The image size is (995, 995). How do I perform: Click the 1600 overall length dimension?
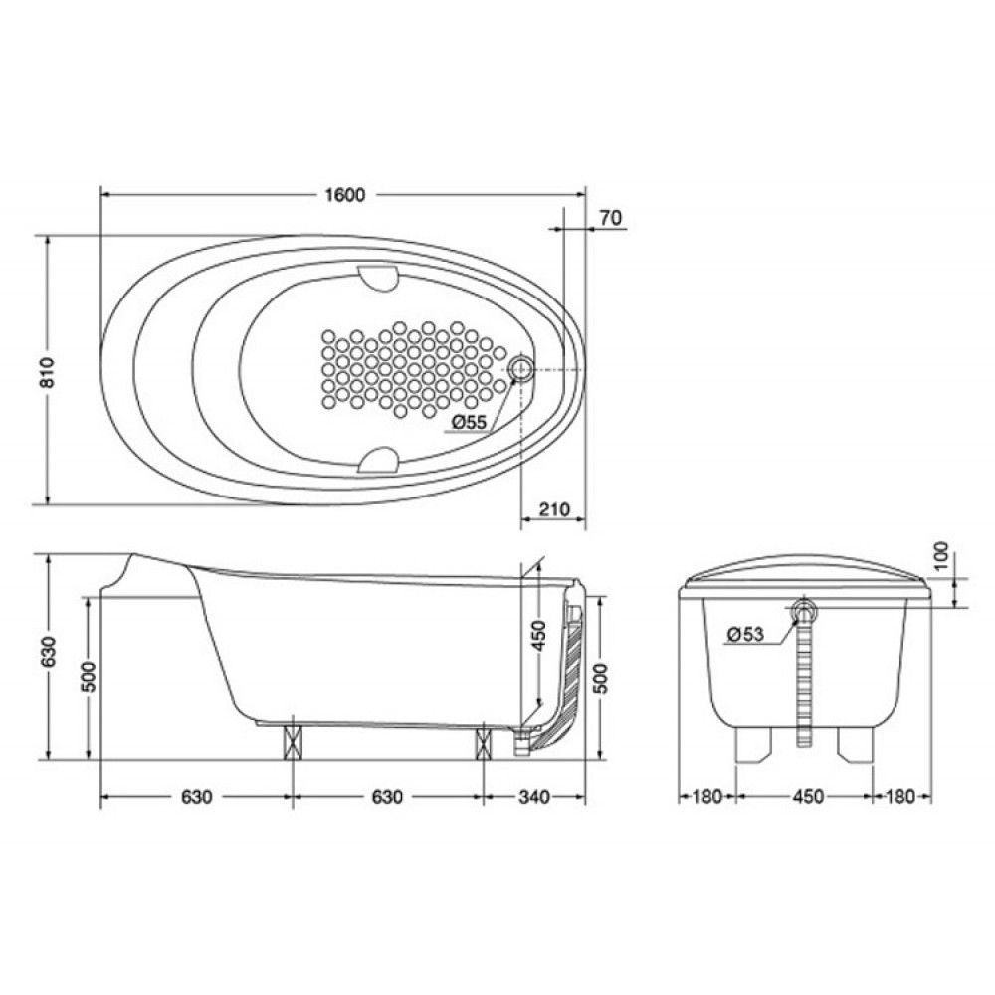[x=345, y=195]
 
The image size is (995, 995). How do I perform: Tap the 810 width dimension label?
[x=49, y=372]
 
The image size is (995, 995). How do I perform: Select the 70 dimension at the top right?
[x=610, y=218]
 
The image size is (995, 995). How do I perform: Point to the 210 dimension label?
[x=554, y=508]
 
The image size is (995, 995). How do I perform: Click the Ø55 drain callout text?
[x=470, y=421]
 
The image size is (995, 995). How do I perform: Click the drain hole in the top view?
[x=521, y=368]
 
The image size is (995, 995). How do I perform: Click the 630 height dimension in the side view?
[x=49, y=651]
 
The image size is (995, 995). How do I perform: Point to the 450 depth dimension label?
[x=538, y=635]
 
